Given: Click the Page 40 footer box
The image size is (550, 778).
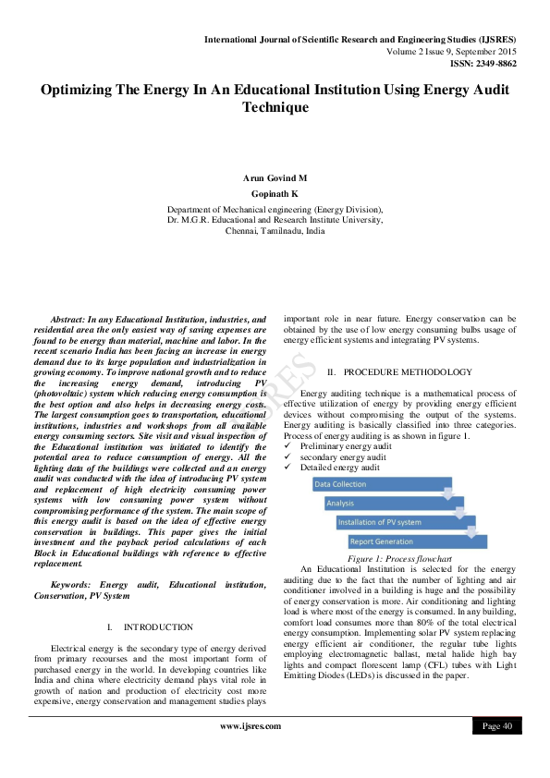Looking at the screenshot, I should (x=497, y=726).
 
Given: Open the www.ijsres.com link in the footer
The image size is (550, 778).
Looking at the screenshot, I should (x=250, y=726).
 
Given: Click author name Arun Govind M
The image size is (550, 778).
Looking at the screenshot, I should (x=275, y=177).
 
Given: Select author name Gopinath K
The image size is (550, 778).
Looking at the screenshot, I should (x=275, y=195).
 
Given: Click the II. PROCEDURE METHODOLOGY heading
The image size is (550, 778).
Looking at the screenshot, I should (x=399, y=371).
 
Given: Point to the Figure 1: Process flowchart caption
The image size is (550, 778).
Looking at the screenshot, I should (x=398, y=560).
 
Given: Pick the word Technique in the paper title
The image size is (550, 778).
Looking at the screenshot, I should (x=275, y=107).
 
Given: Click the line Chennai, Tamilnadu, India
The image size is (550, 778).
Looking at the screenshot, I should (x=275, y=232).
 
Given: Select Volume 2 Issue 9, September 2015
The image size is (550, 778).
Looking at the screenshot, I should (x=452, y=52).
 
